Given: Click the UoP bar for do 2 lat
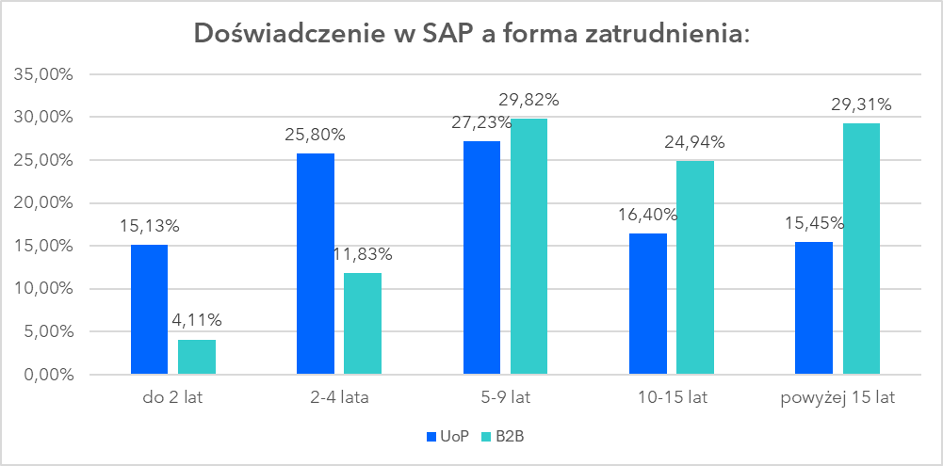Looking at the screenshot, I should point(149,310).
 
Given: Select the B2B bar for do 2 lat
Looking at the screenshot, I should point(197,357).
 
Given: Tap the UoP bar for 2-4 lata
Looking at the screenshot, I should point(315,264).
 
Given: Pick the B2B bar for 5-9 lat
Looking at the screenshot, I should point(528,247).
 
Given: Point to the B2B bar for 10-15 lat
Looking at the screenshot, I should point(695,267).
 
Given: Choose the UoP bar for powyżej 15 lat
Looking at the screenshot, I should point(814,308).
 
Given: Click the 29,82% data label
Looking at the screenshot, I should point(528,100).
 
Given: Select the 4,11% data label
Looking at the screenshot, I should point(197,320).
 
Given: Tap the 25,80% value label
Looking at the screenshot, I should point(315,134).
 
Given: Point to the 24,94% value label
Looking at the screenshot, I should point(695,142).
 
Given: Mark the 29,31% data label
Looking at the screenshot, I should point(861,104).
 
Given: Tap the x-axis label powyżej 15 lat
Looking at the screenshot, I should point(837,398).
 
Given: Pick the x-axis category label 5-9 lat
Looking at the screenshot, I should point(505,398).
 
